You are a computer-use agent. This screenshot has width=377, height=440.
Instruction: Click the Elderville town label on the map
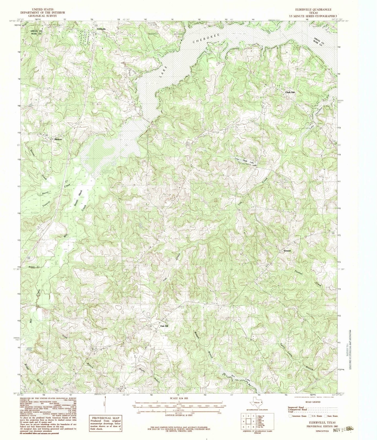(x=101, y=29)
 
